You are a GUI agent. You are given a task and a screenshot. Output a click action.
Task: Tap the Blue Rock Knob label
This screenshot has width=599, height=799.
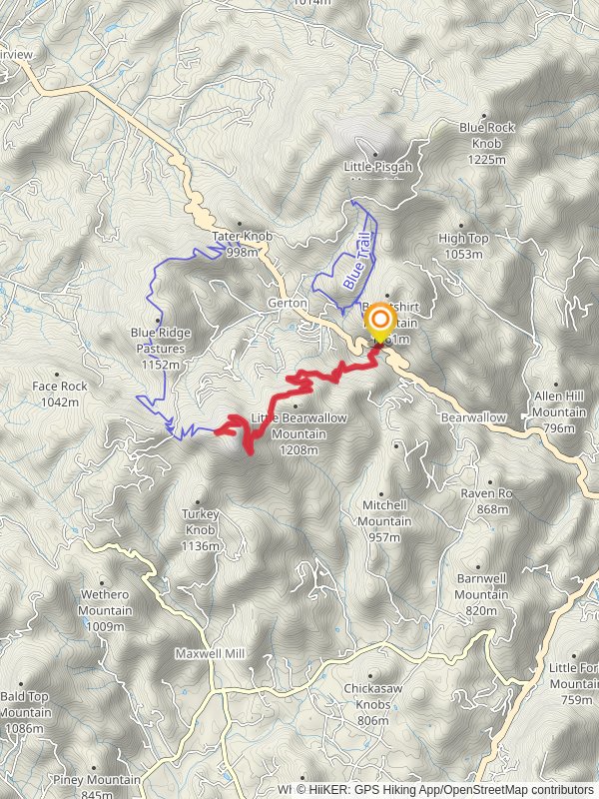[487, 136]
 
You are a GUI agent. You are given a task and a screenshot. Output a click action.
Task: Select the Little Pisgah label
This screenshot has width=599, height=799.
[377, 167]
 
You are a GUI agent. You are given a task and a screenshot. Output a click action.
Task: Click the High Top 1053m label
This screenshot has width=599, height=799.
[463, 246]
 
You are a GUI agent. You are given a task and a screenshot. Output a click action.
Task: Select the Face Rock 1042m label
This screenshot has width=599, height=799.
[60, 394]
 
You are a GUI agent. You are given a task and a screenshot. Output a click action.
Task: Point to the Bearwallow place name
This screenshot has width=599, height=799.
[473, 416]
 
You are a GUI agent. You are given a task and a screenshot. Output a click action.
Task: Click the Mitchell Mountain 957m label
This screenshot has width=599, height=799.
[385, 513]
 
